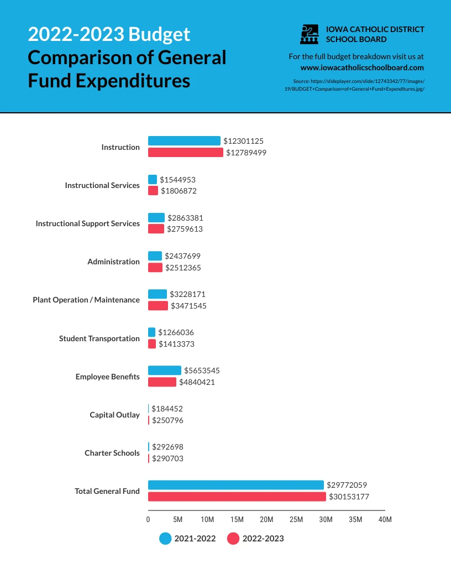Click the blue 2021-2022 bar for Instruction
[x=184, y=141]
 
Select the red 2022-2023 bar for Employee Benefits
[x=162, y=382]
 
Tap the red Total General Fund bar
[x=237, y=497]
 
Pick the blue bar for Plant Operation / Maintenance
[x=157, y=294]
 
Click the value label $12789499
[x=246, y=153]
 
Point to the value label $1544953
[x=177, y=180]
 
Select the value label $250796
[x=167, y=420]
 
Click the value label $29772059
[x=347, y=485]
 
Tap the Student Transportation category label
[x=99, y=338]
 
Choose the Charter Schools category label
[x=112, y=453]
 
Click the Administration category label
[x=113, y=262]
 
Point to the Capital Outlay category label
[x=114, y=415]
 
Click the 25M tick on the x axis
[x=296, y=520]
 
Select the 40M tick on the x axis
[x=385, y=520]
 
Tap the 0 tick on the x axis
[x=148, y=520]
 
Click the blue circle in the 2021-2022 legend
[x=165, y=539]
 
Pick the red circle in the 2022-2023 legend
[x=233, y=539]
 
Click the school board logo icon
[x=310, y=34]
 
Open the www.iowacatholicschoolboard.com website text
[x=362, y=67]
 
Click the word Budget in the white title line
[x=159, y=34]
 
